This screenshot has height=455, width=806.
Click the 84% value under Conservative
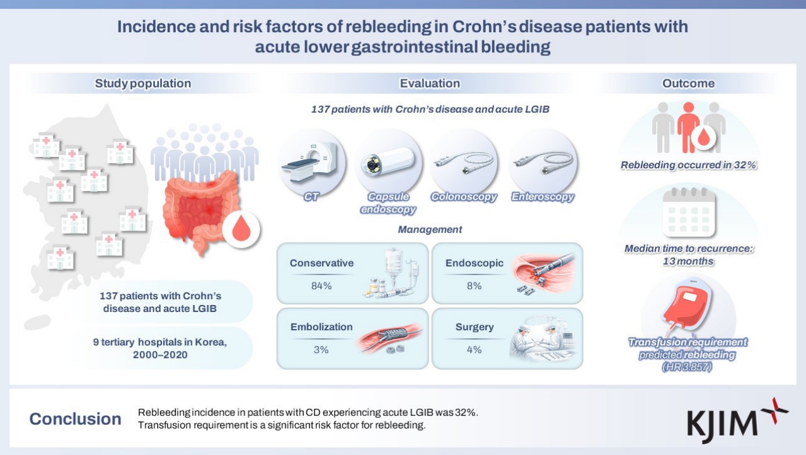tap(321, 285)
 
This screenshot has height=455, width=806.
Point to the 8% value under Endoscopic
tap(474, 285)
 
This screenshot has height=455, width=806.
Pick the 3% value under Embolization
tap(321, 349)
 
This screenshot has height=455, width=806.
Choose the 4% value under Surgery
tap(473, 349)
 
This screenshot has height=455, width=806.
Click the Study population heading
tap(142, 83)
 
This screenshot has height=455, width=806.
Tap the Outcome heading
tap(688, 83)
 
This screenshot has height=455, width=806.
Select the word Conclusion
tap(76, 418)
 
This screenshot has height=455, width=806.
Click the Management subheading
tap(430, 229)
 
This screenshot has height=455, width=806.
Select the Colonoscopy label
tap(464, 197)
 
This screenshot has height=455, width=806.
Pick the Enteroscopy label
tap(543, 197)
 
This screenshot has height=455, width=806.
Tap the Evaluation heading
tap(430, 83)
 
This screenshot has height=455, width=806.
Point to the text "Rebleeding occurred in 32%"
tap(688, 166)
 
